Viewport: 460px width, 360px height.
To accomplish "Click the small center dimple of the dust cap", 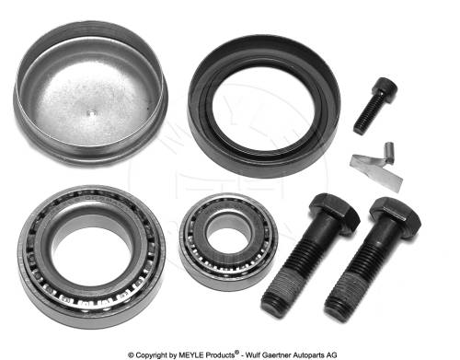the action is click(92, 112).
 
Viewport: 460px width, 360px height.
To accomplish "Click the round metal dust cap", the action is click(90, 91).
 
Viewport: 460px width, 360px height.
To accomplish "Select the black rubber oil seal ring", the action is click(264, 106).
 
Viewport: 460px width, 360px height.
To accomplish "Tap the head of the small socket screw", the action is click(385, 87).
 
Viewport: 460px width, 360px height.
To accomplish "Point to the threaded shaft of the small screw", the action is click(366, 113).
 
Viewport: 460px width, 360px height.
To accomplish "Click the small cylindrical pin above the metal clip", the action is click(389, 153).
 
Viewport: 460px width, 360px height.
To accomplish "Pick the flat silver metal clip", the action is click(376, 171).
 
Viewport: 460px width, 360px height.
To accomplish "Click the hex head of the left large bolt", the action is click(334, 211).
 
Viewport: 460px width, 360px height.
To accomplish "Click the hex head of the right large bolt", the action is click(396, 214).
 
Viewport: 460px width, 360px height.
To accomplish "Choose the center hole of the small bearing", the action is click(228, 240).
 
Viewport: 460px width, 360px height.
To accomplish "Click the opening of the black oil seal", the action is click(263, 109).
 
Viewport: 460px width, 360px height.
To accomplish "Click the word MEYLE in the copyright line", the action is click(193, 355).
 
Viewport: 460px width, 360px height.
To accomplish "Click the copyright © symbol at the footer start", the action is click(131, 355).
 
